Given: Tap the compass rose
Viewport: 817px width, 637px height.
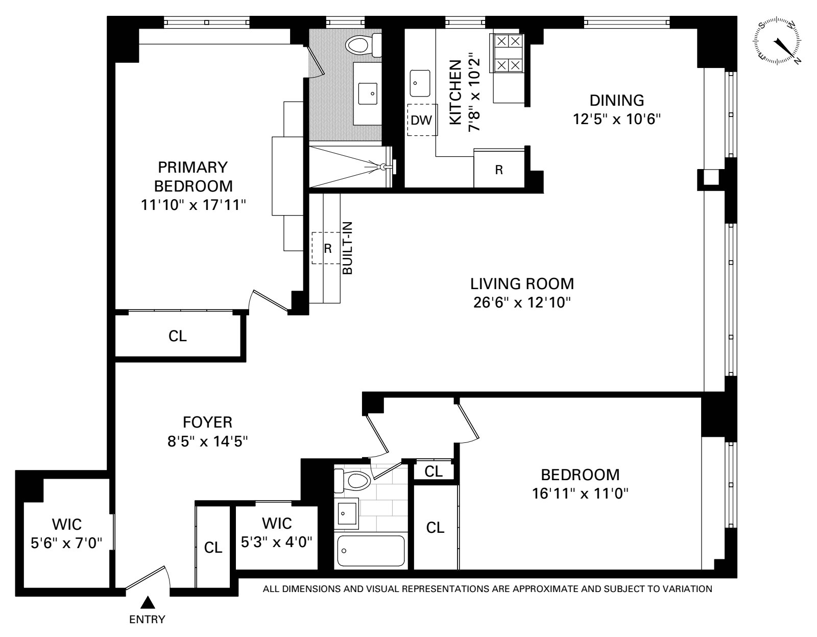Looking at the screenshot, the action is tap(777, 42).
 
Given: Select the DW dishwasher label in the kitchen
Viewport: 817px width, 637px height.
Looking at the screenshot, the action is tap(421, 120).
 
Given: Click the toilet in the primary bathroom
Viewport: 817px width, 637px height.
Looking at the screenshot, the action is tap(363, 45).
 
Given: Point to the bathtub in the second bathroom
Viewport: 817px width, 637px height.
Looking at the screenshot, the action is tap(371, 551).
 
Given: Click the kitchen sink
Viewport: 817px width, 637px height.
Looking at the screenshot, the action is tap(420, 83).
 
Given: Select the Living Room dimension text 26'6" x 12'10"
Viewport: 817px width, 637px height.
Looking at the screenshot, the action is tap(522, 302).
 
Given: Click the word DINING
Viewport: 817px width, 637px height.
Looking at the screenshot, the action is tap(617, 101).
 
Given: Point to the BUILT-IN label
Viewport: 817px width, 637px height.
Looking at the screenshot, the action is tap(347, 248).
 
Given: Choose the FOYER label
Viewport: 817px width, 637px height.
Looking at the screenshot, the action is tap(207, 422).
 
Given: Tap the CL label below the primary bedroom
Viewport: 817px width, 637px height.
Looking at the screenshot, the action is tap(178, 336).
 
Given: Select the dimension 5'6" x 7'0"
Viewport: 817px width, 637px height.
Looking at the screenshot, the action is tap(66, 543).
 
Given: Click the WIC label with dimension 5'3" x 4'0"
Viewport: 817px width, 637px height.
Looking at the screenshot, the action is tap(277, 523).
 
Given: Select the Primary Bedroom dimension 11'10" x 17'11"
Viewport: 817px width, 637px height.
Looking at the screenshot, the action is tap(193, 205).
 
